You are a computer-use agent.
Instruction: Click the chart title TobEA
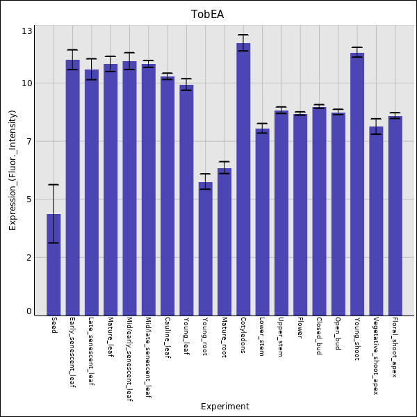[x=208, y=15]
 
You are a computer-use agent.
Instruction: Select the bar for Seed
[x=54, y=264]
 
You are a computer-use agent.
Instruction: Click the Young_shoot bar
[x=357, y=184]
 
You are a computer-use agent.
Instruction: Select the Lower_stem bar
[x=262, y=222]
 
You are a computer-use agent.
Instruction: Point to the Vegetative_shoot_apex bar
[x=376, y=220]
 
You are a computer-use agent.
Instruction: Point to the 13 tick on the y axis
[x=27, y=31]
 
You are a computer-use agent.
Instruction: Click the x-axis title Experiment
[x=224, y=407]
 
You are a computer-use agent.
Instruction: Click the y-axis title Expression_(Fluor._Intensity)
[x=13, y=170]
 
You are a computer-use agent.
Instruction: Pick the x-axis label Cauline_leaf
[x=167, y=338]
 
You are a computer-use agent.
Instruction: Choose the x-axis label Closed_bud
[x=318, y=336]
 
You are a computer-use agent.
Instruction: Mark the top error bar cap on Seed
[x=54, y=184]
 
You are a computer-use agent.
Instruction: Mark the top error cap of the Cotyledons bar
[x=243, y=35]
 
